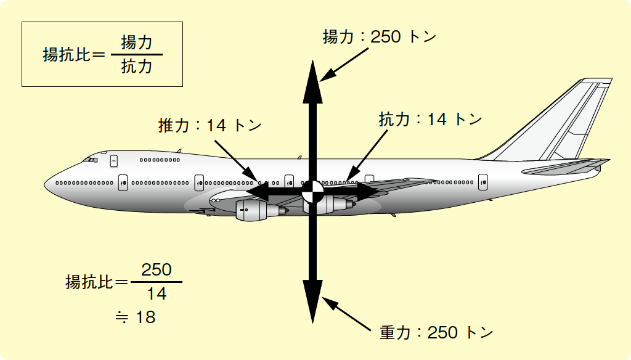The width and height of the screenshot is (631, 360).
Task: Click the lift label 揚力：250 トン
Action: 380,37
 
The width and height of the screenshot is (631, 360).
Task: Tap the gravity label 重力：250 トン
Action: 436,333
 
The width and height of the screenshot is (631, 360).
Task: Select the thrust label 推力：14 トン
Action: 210,126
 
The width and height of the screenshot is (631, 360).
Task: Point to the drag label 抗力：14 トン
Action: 430,120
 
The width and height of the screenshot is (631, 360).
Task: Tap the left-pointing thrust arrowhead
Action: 258,192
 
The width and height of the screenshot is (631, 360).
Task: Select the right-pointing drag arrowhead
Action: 368,192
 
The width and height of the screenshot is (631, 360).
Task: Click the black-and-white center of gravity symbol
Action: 312,192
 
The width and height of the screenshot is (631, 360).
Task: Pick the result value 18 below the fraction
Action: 145,317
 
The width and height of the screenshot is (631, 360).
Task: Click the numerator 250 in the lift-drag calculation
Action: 157,270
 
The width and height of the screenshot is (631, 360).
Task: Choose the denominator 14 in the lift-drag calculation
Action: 157,294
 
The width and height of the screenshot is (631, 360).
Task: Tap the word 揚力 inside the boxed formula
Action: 136,43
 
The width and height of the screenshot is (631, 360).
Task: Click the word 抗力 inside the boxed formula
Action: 136,67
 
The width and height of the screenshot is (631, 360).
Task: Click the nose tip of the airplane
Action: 44,185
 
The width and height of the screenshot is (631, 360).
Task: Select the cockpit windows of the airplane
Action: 91,160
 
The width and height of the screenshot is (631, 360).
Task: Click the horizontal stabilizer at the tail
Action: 566,166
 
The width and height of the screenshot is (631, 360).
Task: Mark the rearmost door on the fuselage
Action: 483,182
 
